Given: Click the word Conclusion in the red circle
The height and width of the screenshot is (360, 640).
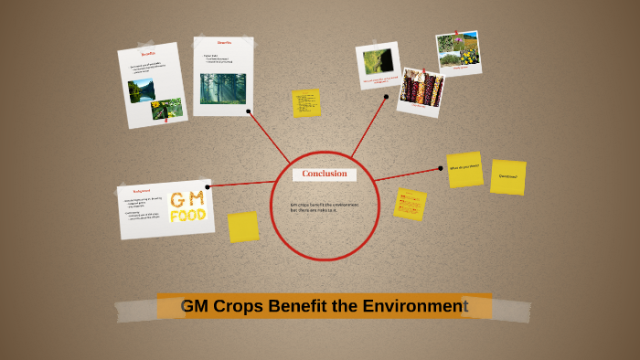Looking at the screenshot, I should point(325,174).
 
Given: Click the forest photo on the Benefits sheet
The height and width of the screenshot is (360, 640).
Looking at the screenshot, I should point(222,89).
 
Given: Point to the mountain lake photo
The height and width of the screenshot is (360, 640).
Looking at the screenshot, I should point(141,90).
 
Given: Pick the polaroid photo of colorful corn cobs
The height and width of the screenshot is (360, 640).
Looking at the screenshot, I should point(421,90).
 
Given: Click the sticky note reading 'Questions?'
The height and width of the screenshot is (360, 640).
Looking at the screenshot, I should point(507,176).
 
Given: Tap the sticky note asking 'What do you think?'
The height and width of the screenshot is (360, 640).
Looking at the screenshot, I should point(464,169).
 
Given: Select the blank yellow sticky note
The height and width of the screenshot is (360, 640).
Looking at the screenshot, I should point(243,227).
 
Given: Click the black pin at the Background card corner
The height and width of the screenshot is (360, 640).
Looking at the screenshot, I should point(208,186).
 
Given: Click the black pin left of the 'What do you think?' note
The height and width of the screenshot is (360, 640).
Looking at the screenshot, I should point(441,168).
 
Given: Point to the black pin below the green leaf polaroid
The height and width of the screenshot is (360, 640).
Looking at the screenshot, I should point(387,96).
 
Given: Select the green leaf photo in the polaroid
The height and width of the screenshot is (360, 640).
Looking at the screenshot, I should point(377,61).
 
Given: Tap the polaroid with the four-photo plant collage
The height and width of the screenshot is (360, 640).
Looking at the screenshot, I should point(458,51).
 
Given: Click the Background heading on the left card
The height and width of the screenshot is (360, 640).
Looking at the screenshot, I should point(142,191).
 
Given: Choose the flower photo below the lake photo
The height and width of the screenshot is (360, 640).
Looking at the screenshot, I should point(166,110).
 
